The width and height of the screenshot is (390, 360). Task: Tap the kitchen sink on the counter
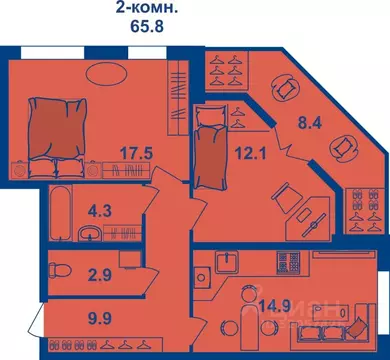point(226,264)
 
